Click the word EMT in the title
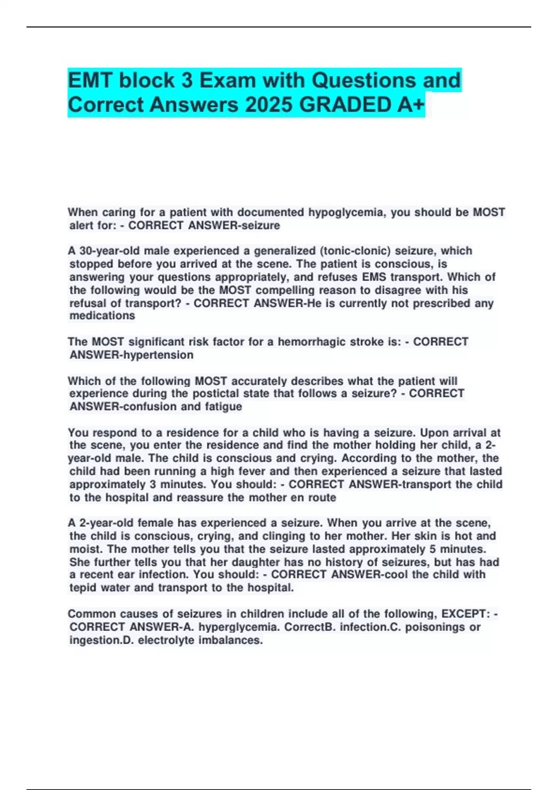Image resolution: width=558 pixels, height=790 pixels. (x=91, y=80)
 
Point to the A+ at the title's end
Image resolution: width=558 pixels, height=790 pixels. (x=411, y=105)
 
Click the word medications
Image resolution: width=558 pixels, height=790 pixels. (x=102, y=316)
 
